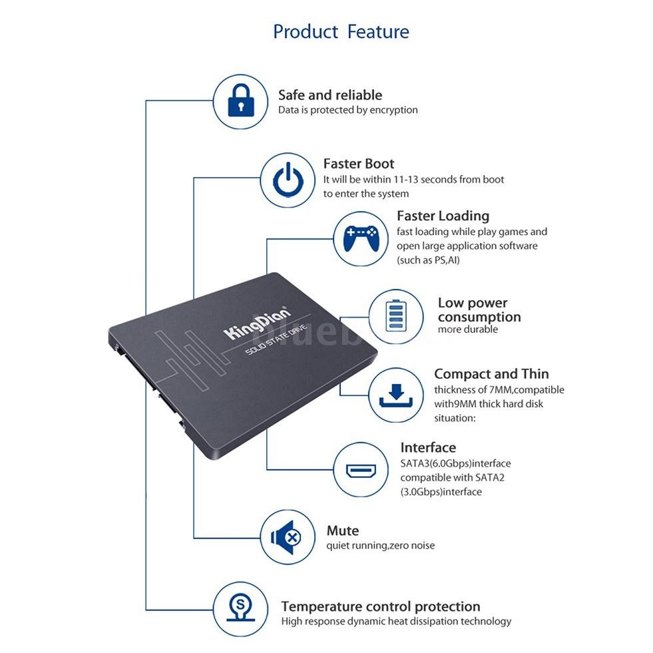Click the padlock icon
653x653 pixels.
tap(240, 101)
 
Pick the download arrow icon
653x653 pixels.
tap(395, 394)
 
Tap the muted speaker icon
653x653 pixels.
tap(288, 537)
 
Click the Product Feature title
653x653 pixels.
tap(341, 31)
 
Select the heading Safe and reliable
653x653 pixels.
tap(329, 95)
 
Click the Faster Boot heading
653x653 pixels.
tap(358, 164)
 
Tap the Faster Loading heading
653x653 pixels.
tap(443, 216)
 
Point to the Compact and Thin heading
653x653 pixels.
tap(491, 374)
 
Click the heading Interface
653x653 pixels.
tap(428, 447)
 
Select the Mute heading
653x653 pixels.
tap(342, 531)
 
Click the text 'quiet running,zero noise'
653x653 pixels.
tap(380, 546)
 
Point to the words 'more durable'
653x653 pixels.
tap(467, 329)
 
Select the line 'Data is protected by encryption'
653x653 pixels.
tap(347, 110)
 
